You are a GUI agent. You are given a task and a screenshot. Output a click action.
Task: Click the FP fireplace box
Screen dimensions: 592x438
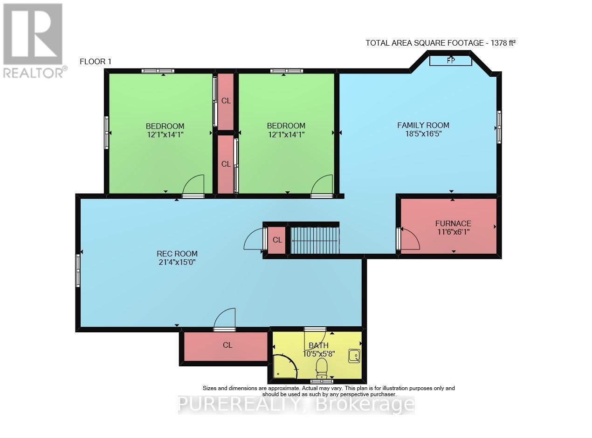pyautogui.click(x=450, y=61)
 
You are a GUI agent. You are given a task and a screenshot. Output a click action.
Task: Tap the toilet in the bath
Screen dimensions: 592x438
pyautogui.click(x=321, y=368)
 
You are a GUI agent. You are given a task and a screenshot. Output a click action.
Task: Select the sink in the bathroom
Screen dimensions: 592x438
pyautogui.click(x=354, y=356)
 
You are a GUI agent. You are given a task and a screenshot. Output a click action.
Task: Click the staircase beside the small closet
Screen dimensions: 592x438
pyautogui.click(x=315, y=240)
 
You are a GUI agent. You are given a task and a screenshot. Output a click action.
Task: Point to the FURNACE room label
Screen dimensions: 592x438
pyautogui.click(x=453, y=223)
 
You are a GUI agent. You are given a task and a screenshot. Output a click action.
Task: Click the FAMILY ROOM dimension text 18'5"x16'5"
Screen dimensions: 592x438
pyautogui.click(x=424, y=134)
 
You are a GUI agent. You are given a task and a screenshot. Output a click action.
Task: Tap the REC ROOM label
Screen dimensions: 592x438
pyautogui.click(x=177, y=254)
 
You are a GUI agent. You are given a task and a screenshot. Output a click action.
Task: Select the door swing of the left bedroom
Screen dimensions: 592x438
pyautogui.click(x=193, y=185)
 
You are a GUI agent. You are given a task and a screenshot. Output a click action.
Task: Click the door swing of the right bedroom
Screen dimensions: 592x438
pyautogui.click(x=322, y=185)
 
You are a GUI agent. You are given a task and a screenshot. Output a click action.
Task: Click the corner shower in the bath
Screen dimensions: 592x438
pyautogui.click(x=284, y=366)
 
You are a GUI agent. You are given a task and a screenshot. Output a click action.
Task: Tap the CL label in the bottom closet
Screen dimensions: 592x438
pyautogui.click(x=227, y=345)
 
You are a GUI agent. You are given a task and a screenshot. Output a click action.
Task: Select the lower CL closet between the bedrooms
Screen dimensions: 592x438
pyautogui.click(x=226, y=164)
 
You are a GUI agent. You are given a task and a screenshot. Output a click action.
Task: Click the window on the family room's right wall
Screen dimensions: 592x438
pyautogui.click(x=499, y=127)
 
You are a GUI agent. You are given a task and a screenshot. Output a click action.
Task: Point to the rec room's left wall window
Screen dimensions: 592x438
pyautogui.click(x=78, y=270)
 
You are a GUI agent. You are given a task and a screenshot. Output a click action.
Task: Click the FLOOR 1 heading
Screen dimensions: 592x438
pyautogui.click(x=96, y=61)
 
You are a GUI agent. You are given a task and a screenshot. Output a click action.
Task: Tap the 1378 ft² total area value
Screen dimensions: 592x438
pyautogui.click(x=503, y=43)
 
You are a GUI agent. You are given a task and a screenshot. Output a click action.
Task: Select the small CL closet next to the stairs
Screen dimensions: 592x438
pyautogui.click(x=277, y=240)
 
